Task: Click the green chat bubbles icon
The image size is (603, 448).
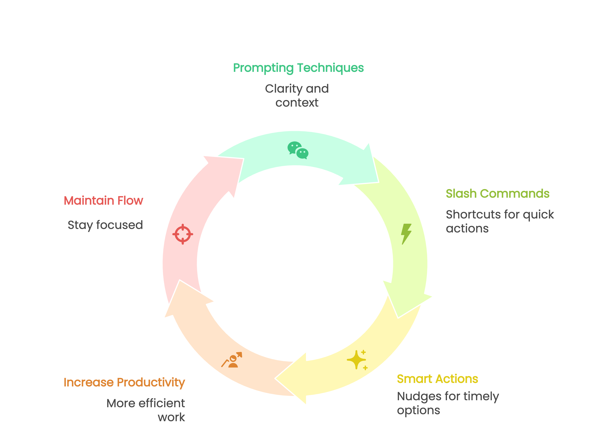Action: coord(298,150)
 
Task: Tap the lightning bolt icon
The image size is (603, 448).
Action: coord(406,234)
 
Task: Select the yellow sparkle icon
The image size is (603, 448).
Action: coord(357,360)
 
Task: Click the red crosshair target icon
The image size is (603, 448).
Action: coord(183,234)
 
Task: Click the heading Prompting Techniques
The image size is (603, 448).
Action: coord(298,68)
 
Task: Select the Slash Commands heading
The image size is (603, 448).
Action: coord(497,194)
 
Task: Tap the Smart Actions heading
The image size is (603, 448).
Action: coord(437,379)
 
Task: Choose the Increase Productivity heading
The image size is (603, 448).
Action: coord(124,382)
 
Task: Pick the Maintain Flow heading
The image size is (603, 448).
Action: coord(103,201)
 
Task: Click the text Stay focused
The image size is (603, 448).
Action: coord(105,225)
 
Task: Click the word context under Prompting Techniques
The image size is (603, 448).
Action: coord(297,103)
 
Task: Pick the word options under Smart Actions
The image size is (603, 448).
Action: coord(418,411)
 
